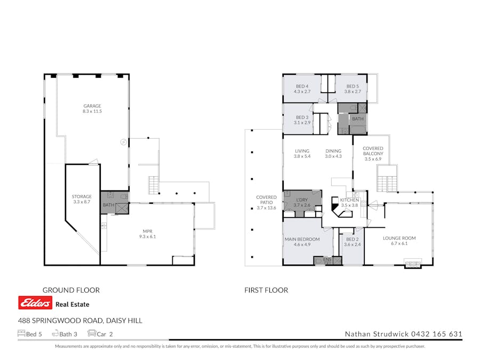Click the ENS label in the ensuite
327,260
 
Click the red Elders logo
35,303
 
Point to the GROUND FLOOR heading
71,290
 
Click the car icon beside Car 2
92,334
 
